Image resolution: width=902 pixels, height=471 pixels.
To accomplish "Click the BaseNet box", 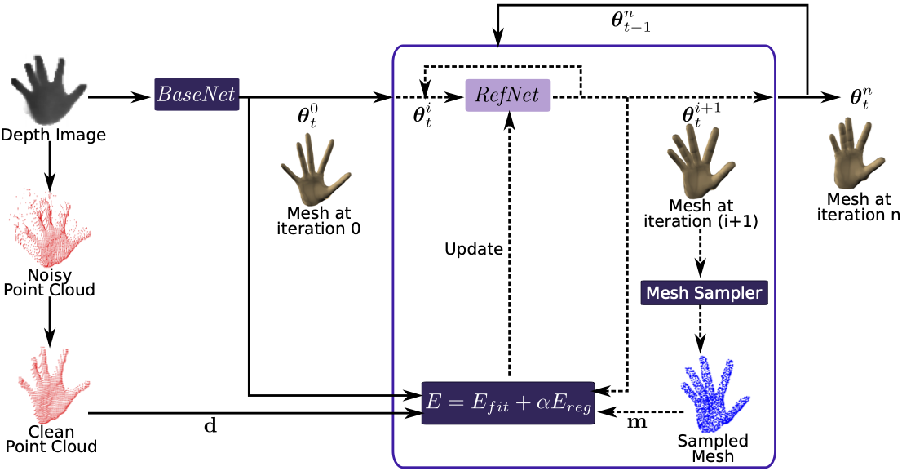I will (x=197, y=95).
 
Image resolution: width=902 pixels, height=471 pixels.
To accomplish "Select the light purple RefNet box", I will (x=508, y=96).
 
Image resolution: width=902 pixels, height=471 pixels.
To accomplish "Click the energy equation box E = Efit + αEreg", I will (x=508, y=402).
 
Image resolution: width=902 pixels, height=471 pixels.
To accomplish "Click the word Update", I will (x=474, y=249).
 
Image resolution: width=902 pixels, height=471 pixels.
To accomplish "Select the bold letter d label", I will (x=210, y=425).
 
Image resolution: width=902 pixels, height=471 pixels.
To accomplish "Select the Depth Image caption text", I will (x=53, y=135).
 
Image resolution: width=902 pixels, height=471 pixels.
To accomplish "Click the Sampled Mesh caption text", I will (x=713, y=448).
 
